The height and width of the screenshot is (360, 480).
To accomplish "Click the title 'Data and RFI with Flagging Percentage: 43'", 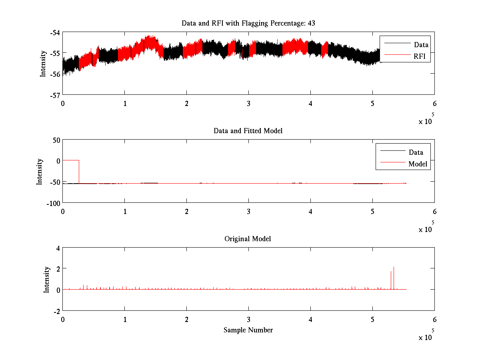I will [x=248, y=23].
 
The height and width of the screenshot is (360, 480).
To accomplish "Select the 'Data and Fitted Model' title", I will [x=248, y=131].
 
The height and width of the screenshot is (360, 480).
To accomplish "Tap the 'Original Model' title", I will [x=248, y=239].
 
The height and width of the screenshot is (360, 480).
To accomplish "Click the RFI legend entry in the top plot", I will [x=422, y=56].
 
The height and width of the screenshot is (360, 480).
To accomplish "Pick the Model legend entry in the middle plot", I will [x=418, y=164].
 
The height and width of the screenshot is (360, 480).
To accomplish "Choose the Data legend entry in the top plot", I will [x=421, y=45].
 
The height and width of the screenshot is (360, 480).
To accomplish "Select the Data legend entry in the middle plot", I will [x=416, y=152].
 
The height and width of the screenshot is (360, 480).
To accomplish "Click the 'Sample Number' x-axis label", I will [x=248, y=330].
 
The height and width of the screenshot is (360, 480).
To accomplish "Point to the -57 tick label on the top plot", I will [x=54, y=95].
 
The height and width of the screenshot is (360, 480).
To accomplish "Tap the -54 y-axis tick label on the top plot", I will [x=54, y=32].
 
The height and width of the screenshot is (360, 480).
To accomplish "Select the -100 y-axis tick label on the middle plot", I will [x=52, y=203].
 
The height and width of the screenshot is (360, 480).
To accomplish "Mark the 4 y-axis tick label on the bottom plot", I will [x=58, y=248].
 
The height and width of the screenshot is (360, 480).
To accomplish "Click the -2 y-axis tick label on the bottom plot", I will [x=56, y=311].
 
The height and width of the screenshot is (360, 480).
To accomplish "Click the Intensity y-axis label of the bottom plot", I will [x=46, y=279].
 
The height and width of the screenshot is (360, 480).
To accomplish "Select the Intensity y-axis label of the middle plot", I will [x=40, y=171].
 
